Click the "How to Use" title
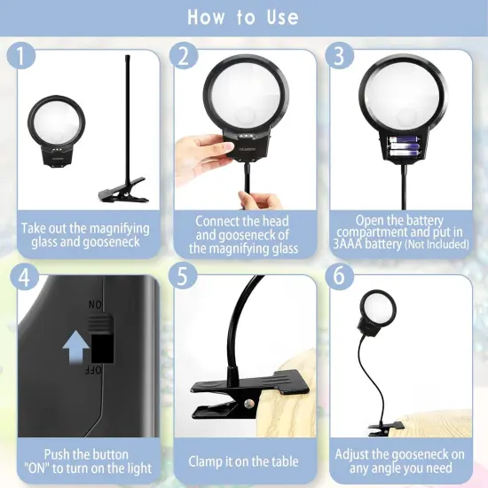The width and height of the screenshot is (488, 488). tap(243, 18)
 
